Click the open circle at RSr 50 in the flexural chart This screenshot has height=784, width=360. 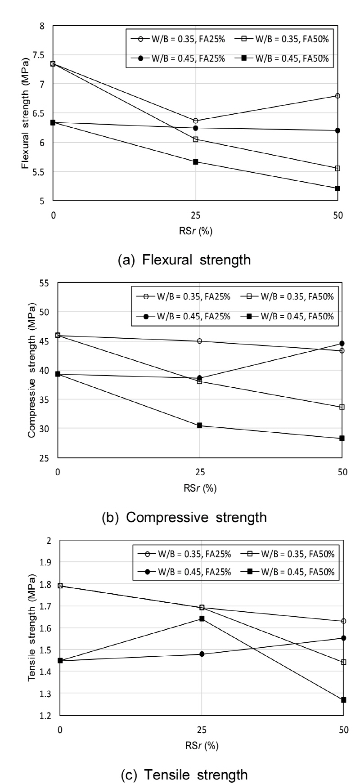pos(337,96)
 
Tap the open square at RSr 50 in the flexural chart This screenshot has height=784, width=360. pos(337,168)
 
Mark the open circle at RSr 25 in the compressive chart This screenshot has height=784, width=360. pos(199,341)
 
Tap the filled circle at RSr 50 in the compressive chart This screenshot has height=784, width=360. pos(342,344)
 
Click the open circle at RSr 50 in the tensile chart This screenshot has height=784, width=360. pos(344,621)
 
